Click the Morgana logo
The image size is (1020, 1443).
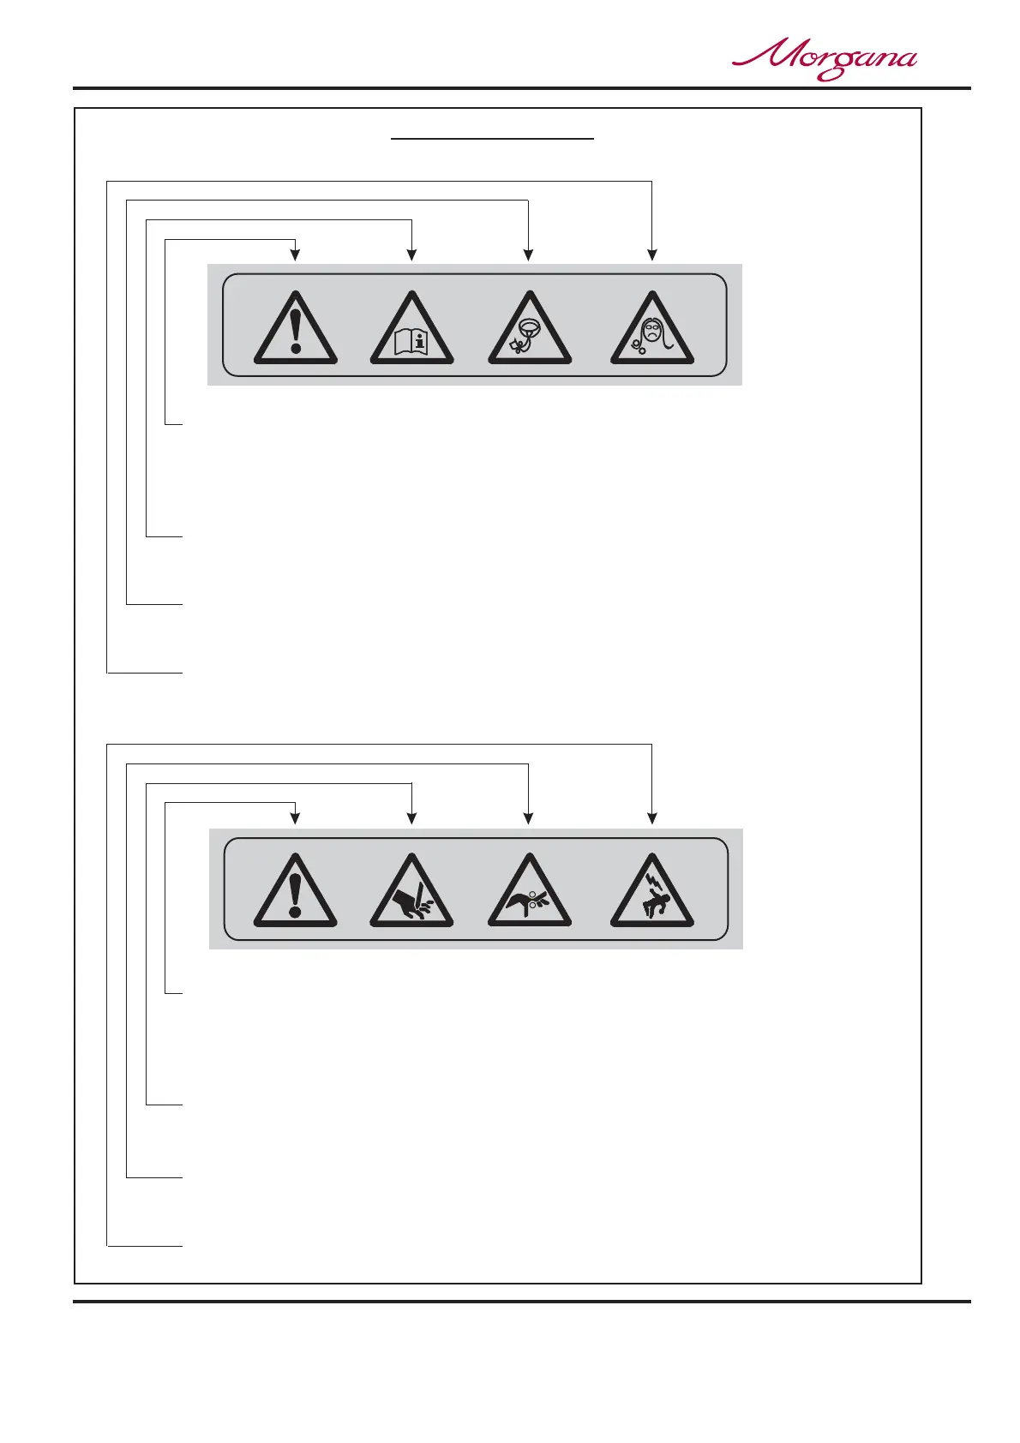[824, 60]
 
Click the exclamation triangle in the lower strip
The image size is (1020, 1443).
[296, 894]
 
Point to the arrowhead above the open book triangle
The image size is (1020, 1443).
[412, 254]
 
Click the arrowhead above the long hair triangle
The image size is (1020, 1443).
[652, 254]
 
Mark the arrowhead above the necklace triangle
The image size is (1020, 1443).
[529, 254]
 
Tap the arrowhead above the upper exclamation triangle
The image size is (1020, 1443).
[296, 254]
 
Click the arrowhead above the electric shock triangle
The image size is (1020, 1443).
[652, 817]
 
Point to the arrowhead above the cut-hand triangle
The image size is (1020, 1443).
[412, 817]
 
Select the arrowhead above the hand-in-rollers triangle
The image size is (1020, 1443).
[529, 817]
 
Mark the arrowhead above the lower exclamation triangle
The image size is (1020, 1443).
[296, 817]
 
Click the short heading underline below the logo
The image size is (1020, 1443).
[492, 137]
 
